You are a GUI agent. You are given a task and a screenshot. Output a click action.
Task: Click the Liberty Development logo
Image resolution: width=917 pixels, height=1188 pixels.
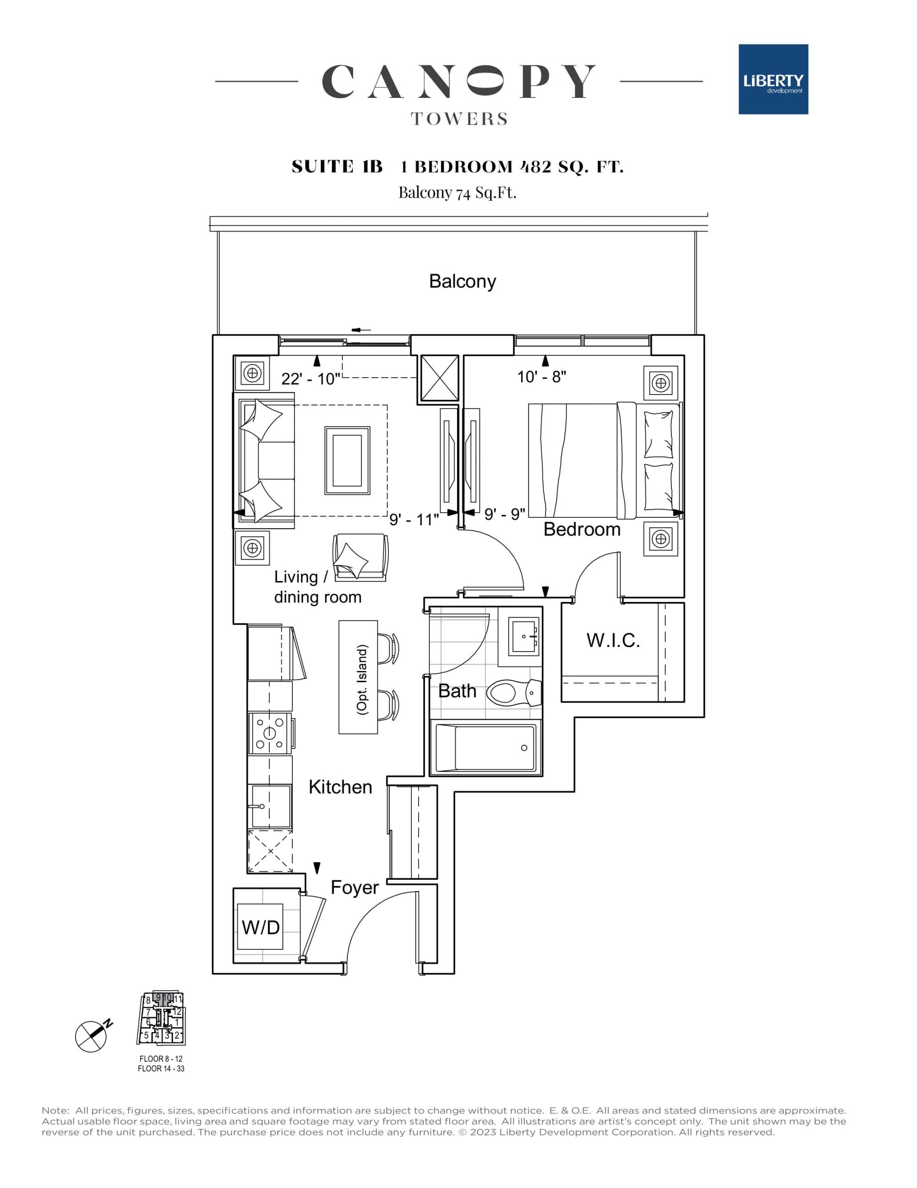[x=772, y=79]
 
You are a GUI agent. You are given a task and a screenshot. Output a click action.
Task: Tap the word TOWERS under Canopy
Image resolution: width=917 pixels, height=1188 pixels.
[x=459, y=119]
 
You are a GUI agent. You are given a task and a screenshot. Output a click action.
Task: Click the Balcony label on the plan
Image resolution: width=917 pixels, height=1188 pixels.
[x=462, y=281]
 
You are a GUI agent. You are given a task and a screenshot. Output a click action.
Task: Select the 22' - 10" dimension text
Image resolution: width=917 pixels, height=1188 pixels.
[x=310, y=379]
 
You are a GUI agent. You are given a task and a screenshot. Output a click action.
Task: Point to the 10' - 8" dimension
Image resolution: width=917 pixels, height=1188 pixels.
[x=541, y=376]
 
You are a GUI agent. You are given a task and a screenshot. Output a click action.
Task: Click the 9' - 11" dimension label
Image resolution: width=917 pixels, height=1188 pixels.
[x=414, y=519]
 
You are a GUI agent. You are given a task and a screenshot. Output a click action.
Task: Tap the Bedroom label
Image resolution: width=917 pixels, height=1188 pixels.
[x=582, y=529]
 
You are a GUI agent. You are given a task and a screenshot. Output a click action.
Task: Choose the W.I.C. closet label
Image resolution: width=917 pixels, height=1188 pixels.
[x=612, y=640]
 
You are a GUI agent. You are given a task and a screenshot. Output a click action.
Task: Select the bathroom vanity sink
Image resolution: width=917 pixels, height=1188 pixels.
[x=524, y=636]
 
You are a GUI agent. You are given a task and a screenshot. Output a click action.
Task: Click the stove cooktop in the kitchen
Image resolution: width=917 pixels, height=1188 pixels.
[x=270, y=732]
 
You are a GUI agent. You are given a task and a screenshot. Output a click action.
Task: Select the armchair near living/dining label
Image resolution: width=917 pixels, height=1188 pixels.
[x=360, y=557]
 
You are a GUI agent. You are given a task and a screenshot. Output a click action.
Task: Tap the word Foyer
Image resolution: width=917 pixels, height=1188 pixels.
[x=354, y=888]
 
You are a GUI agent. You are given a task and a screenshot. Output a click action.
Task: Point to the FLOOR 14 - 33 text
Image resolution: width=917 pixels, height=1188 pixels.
[x=161, y=1068]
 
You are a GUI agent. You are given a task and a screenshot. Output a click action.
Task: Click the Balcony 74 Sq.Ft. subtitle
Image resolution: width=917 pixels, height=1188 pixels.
[x=457, y=193]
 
